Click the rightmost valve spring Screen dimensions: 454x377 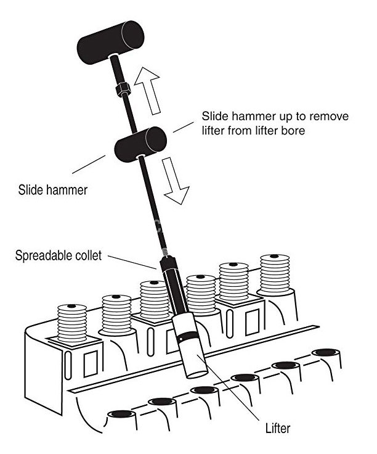274,275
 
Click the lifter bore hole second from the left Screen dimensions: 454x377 161,402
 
